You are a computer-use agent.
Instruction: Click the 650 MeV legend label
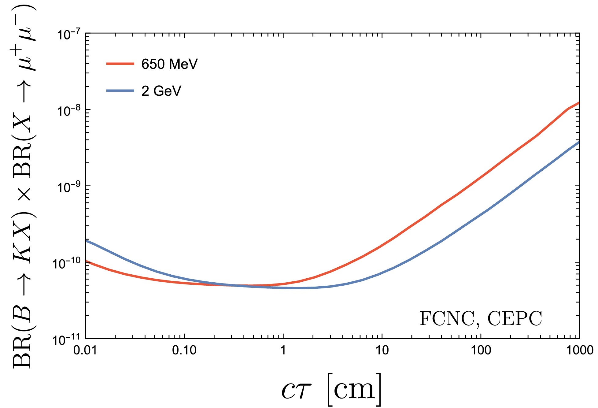click(169, 64)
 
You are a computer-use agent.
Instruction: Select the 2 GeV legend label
click(161, 91)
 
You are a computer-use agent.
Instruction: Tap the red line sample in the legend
click(120, 64)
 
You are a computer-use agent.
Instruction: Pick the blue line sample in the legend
click(120, 91)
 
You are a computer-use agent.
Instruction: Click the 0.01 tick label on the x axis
click(85, 350)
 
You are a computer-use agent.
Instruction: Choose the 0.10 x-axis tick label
click(184, 350)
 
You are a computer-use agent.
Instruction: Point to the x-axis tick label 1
click(283, 350)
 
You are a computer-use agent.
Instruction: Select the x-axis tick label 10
click(382, 350)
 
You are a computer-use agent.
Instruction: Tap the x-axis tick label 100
click(481, 350)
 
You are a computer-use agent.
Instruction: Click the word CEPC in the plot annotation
click(515, 319)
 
